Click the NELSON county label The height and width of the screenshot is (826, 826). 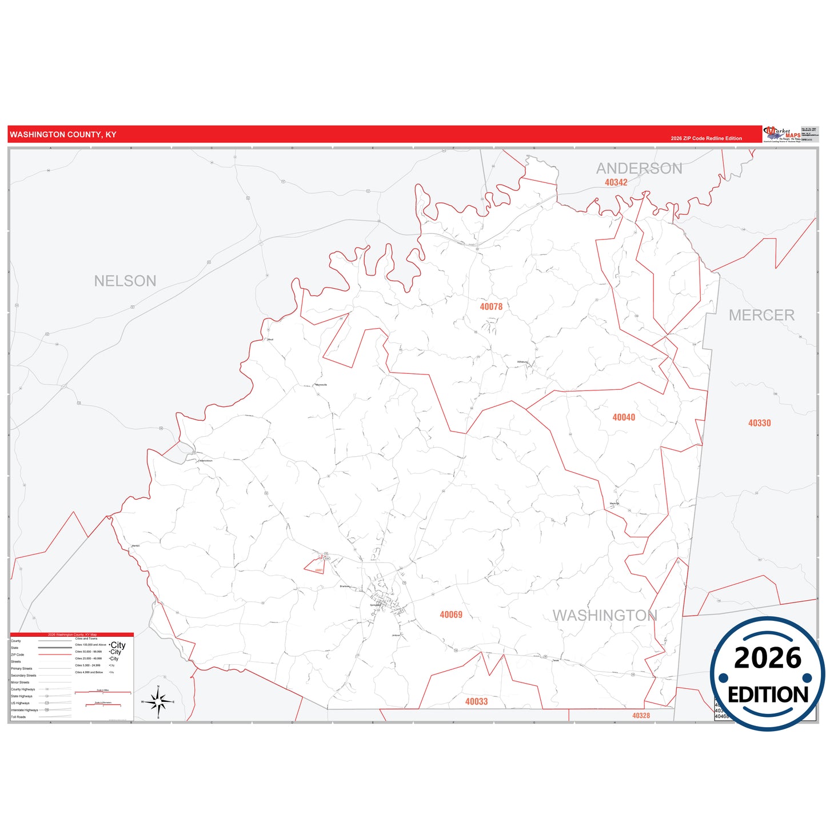click(x=125, y=281)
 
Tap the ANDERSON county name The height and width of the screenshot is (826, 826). click(x=639, y=168)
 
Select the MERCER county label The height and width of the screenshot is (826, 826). click(x=761, y=315)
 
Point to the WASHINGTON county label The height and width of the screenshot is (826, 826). click(x=605, y=615)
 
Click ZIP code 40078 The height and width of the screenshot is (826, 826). click(x=491, y=307)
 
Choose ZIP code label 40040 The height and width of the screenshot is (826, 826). click(x=624, y=417)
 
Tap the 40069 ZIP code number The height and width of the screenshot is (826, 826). click(x=451, y=614)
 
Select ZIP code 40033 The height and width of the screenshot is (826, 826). click(x=476, y=701)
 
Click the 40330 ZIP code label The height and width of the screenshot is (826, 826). click(x=759, y=423)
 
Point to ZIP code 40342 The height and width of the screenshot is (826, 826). click(x=616, y=182)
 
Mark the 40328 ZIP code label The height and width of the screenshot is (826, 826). click(x=641, y=716)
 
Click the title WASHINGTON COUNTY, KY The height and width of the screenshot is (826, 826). click(x=63, y=134)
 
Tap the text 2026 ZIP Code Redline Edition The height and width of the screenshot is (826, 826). click(x=706, y=138)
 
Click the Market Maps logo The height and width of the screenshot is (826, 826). click(x=781, y=134)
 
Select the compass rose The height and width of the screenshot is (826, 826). click(x=158, y=701)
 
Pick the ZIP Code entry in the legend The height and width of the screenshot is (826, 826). click(x=18, y=655)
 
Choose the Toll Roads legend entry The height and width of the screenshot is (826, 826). click(x=18, y=717)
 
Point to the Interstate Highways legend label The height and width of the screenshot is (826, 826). click(x=24, y=710)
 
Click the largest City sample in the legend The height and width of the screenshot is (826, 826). click(x=118, y=645)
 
